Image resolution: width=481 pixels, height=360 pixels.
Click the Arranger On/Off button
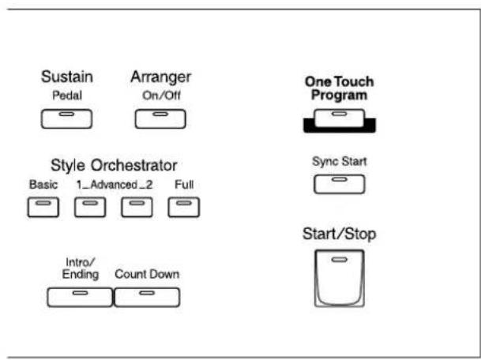pos(160,118)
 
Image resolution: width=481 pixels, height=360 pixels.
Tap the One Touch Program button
pos(340,118)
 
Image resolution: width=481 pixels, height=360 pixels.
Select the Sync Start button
pos(340,184)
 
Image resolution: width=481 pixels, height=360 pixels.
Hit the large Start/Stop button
pos(340,278)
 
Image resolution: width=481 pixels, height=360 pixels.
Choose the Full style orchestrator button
pos(184,207)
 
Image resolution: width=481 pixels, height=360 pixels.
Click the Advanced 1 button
pos(90,207)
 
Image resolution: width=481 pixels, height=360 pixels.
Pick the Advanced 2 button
pos(137,207)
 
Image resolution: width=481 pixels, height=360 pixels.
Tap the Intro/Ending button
pos(80,297)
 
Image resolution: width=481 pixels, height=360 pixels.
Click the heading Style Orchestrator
pos(114,165)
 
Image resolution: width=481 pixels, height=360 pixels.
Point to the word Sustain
pos(67,77)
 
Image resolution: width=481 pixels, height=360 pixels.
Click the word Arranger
pos(161,77)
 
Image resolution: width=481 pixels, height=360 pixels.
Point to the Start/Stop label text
pos(340,234)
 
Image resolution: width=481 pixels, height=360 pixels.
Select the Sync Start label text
pos(340,162)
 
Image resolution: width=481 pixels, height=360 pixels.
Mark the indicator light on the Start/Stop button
pos(340,260)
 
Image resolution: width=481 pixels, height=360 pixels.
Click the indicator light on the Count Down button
pos(147,293)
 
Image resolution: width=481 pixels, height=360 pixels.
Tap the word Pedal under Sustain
pos(67,96)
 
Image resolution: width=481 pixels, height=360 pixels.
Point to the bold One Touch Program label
pos(340,88)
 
